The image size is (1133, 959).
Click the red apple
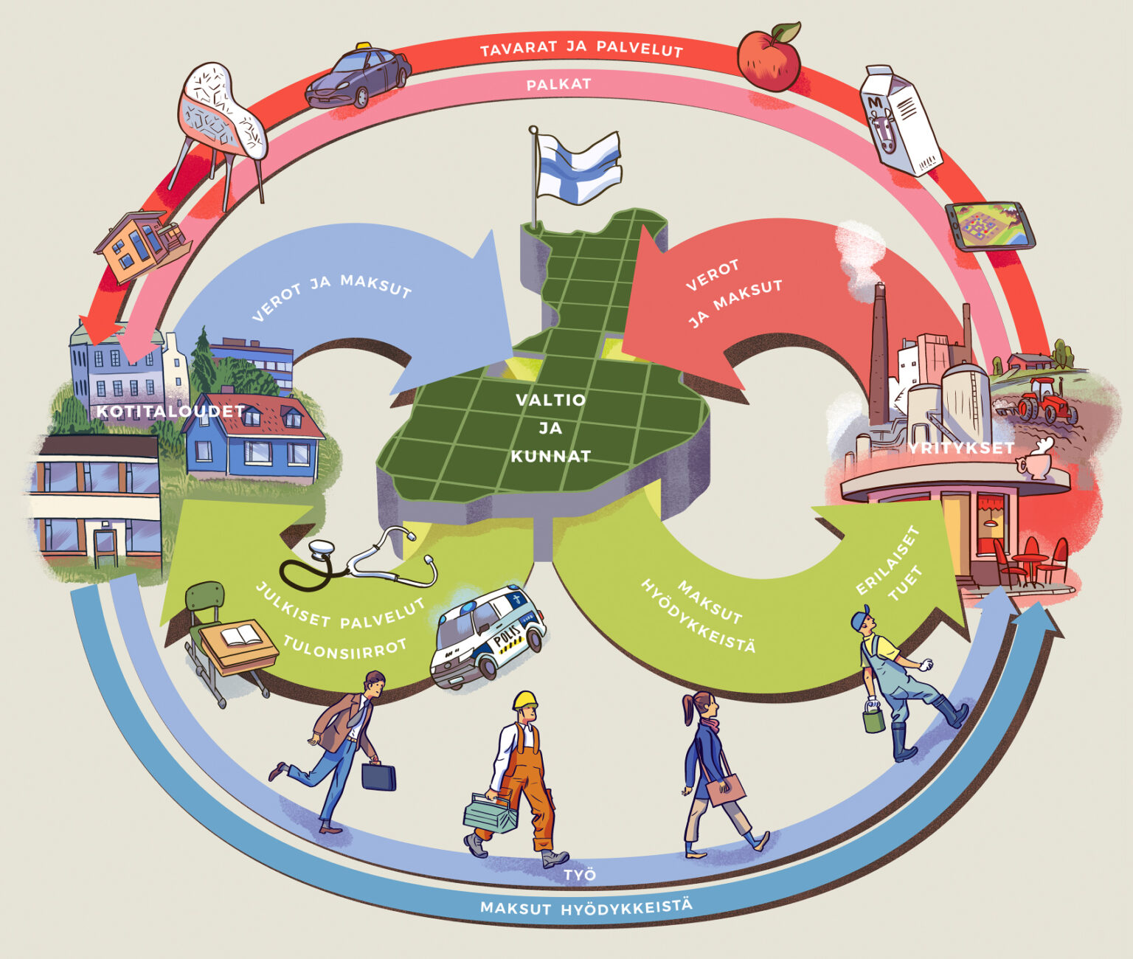tap(769, 59)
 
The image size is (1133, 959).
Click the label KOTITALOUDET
tap(170, 412)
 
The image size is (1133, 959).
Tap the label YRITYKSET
tap(960, 448)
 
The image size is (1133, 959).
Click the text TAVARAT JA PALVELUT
tap(581, 49)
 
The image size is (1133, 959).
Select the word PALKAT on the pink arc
tap(558, 85)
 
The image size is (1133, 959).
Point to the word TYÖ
tap(580, 875)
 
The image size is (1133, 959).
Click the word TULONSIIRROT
tap(345, 649)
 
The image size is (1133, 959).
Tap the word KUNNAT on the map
tap(551, 457)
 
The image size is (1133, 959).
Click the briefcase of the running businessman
tap(378, 777)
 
